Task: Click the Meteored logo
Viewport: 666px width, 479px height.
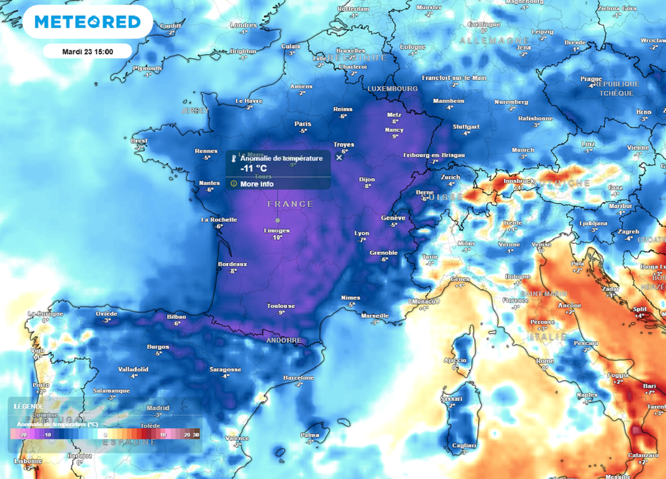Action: [88, 22]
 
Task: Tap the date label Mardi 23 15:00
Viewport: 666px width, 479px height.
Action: [88, 51]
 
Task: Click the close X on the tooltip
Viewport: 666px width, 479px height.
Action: [338, 157]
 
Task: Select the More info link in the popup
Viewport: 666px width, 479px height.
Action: [256, 184]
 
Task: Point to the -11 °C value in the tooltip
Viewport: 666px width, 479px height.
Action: [254, 168]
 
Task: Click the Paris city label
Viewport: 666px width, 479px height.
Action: [302, 124]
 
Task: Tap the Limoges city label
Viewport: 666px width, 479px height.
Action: [277, 230]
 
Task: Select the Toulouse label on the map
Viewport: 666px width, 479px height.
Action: [281, 306]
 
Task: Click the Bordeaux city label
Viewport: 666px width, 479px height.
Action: [232, 264]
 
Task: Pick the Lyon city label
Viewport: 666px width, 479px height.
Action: [362, 233]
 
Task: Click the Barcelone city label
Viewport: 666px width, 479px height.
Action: [299, 378]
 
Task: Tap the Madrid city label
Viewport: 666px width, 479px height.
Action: [157, 408]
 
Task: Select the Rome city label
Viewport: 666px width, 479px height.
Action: [545, 361]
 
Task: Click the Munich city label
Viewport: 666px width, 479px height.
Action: [522, 150]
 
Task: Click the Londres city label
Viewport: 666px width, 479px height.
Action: [243, 25]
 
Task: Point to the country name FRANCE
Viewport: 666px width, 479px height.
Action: [290, 204]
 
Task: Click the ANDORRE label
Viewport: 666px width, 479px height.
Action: [284, 340]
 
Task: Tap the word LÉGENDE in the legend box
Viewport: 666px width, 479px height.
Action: [28, 406]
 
